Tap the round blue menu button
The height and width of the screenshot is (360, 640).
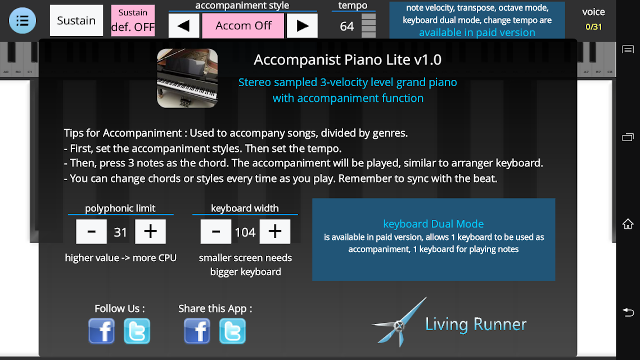coord(22,20)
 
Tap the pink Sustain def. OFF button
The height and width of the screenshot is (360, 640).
coord(133,20)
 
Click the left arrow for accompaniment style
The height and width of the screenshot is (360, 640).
coord(184,26)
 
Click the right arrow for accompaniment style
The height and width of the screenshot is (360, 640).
coord(302,26)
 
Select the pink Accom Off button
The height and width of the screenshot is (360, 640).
coord(244,26)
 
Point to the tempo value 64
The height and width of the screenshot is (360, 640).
coord(347,26)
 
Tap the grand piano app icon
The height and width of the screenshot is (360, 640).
coord(187,78)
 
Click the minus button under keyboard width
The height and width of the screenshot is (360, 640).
coord(216,231)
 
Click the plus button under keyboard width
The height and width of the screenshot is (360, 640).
coord(274,231)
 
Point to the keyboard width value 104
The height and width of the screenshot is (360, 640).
coord(245,232)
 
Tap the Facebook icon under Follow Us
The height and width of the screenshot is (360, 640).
coord(102,331)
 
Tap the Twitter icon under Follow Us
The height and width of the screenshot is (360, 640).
coord(137,331)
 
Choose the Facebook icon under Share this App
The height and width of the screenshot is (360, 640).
coord(197,331)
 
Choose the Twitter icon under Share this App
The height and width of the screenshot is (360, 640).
coord(232,331)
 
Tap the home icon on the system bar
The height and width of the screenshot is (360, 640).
coord(628,224)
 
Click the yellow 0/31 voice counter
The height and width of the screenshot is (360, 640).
coord(593,27)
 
